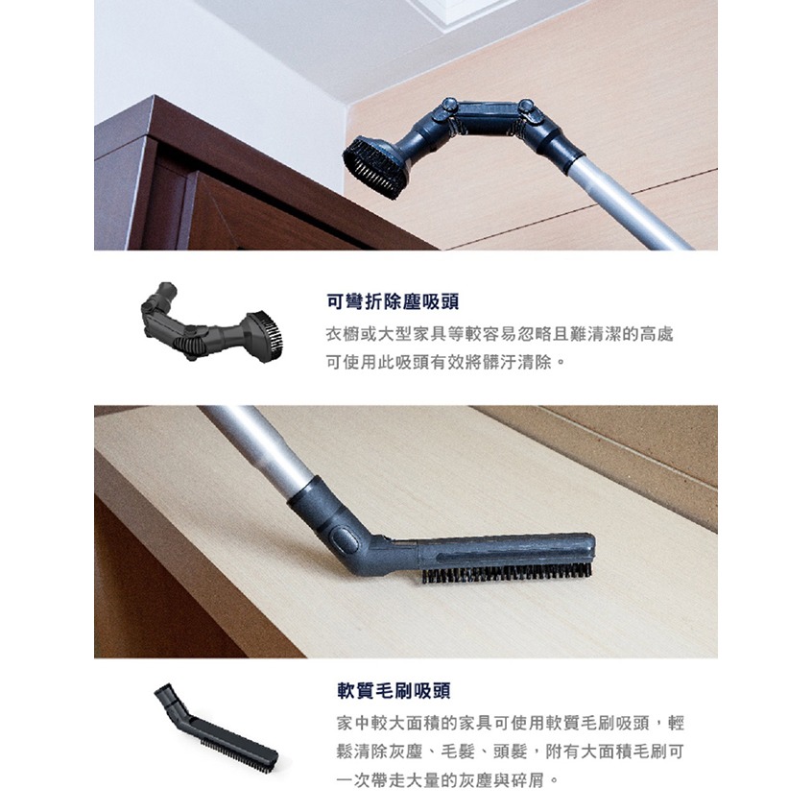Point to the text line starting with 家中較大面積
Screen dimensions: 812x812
[x=510, y=723]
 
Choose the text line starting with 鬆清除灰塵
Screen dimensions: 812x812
[x=510, y=752]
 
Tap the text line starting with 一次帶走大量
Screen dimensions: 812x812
[x=446, y=780]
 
